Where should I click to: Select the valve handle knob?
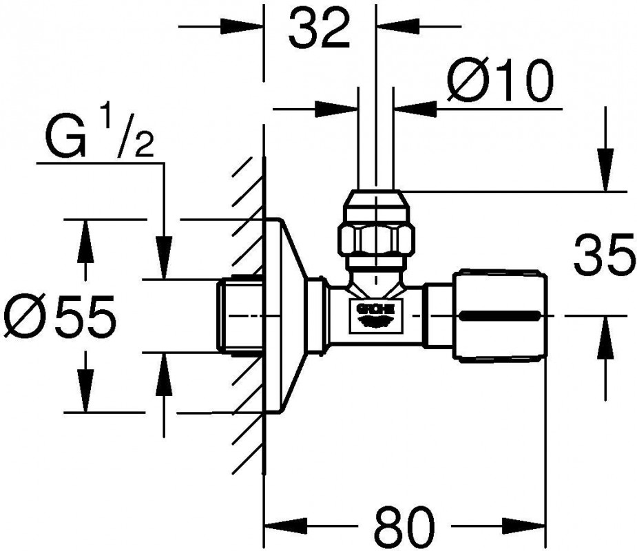501,316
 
